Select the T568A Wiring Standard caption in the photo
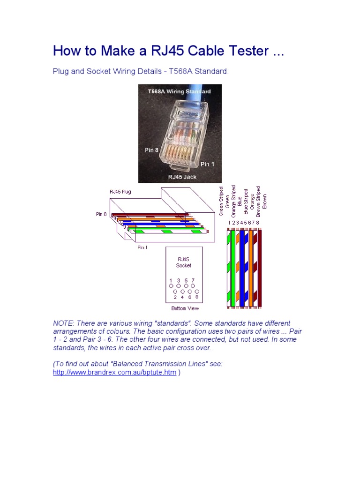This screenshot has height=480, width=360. tap(179, 91)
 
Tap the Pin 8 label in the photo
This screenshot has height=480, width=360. tap(151, 150)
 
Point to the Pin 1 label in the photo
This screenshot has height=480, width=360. tap(208, 164)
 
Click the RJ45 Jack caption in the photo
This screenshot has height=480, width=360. tap(182, 177)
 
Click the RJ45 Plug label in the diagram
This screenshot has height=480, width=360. tap(120, 192)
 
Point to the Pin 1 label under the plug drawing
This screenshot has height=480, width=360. tap(142, 247)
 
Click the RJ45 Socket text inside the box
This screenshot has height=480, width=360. tap(184, 262)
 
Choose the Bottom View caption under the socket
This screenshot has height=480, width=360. tap(185, 308)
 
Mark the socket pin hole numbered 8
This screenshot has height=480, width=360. tap(197, 291)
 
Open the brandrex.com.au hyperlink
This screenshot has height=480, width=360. tap(114, 372)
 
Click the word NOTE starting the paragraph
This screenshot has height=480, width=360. tap(64, 323)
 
